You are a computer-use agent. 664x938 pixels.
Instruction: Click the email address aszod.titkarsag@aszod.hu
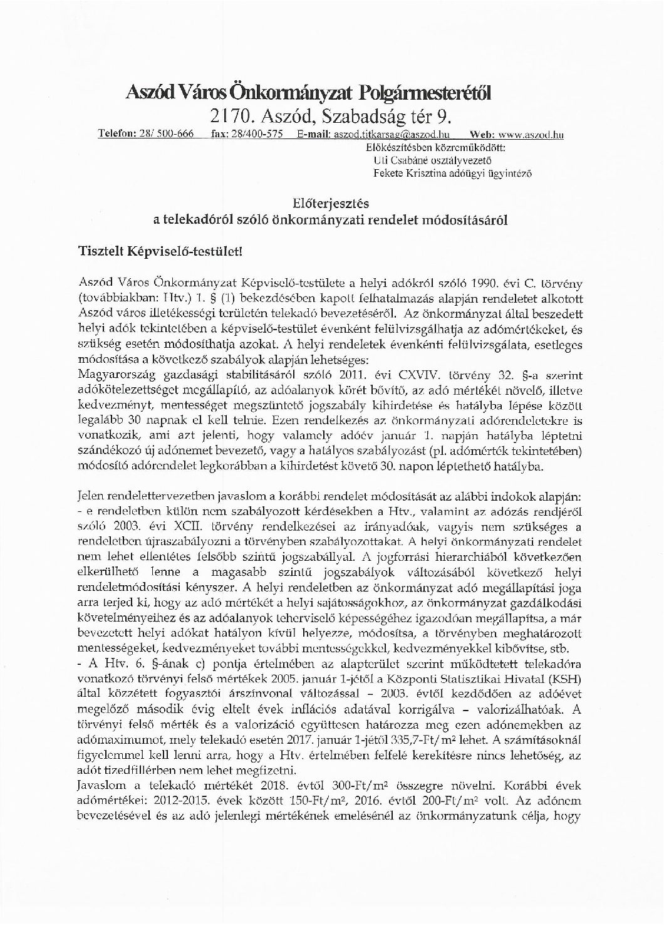click(380, 134)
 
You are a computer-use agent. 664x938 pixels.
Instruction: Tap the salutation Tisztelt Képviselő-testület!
click(160, 251)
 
